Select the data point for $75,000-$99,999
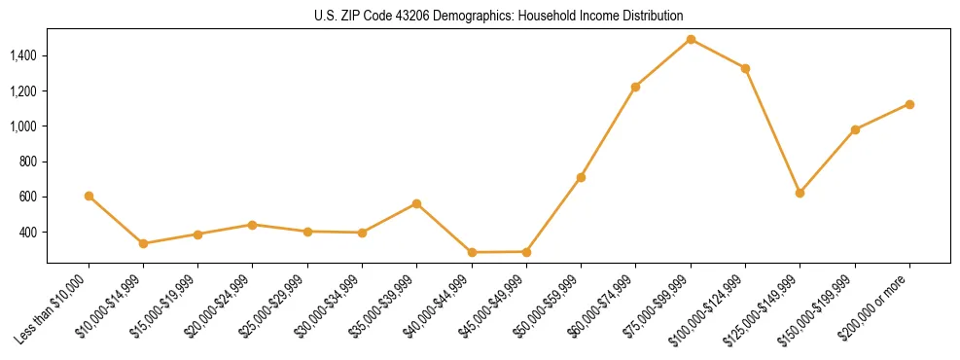691,39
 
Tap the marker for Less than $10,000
89,196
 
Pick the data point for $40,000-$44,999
472,252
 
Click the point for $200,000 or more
909,104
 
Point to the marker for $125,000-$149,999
800,193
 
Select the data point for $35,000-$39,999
416,203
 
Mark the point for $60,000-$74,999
635,87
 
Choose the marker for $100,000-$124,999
745,68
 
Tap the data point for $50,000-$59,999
581,177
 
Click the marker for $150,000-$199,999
855,129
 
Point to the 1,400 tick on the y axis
23,55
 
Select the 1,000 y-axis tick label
23,126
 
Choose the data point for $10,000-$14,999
143,243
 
